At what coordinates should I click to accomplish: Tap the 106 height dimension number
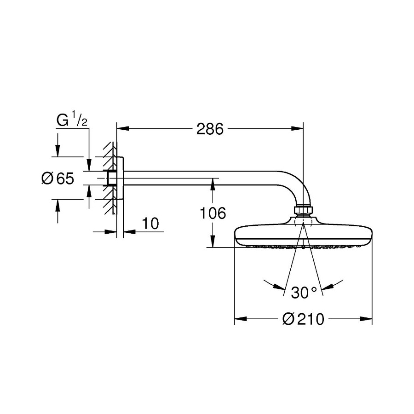click(213, 213)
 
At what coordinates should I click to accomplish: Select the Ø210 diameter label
click(303, 319)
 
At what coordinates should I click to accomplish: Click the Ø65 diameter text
click(57, 178)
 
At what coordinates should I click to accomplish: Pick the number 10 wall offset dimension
click(150, 224)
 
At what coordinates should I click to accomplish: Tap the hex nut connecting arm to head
click(303, 211)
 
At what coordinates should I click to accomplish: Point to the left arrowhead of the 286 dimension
click(121, 129)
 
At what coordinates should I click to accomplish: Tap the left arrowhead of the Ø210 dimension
click(239, 319)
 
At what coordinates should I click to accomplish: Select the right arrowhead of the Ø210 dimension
click(368, 319)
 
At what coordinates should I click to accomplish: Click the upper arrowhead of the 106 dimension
click(213, 183)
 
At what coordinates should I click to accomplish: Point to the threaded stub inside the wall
click(111, 178)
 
